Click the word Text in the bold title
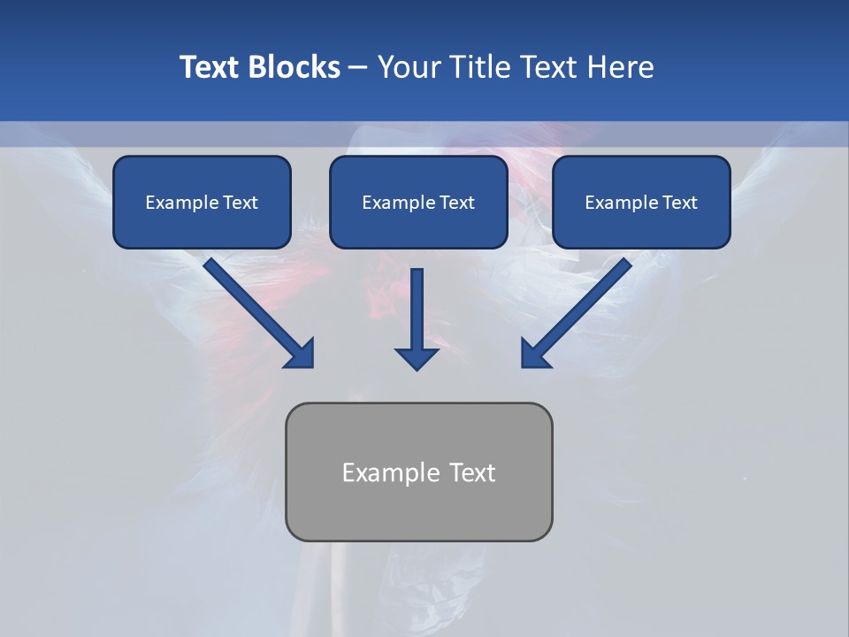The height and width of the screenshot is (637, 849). coord(210,67)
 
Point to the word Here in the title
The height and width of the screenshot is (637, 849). coord(620,67)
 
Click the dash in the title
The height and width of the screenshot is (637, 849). coord(358,67)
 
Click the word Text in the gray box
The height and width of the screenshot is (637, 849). coord(472,472)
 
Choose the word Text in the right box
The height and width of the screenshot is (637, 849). coord(679,203)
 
